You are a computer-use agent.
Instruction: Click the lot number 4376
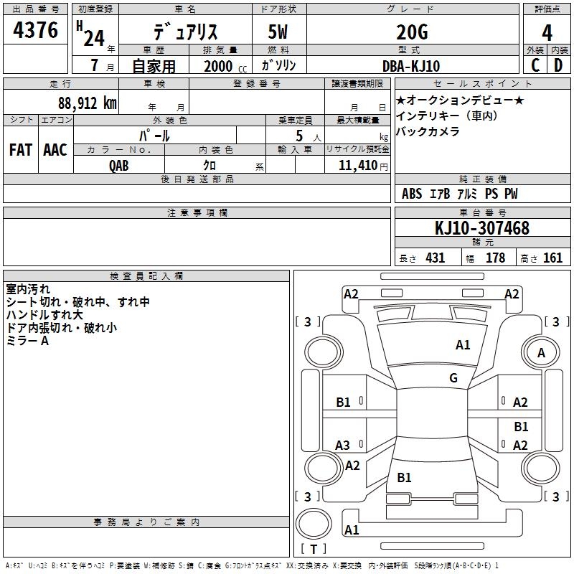point(36,31)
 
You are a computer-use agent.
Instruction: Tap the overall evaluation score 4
point(547,32)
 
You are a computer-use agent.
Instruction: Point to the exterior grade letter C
point(535,65)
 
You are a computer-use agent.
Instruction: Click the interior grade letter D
point(558,65)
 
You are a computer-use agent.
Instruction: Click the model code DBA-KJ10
point(412,65)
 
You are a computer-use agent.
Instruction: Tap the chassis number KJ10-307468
point(482,228)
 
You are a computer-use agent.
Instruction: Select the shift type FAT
point(21,150)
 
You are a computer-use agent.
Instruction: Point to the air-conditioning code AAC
point(55,150)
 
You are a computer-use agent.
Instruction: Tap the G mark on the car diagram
point(453,378)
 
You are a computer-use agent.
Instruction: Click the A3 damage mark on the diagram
point(343,446)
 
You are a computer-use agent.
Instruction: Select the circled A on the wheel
point(541,352)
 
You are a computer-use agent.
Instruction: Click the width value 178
point(495,258)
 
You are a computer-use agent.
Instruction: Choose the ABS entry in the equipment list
point(412,194)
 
